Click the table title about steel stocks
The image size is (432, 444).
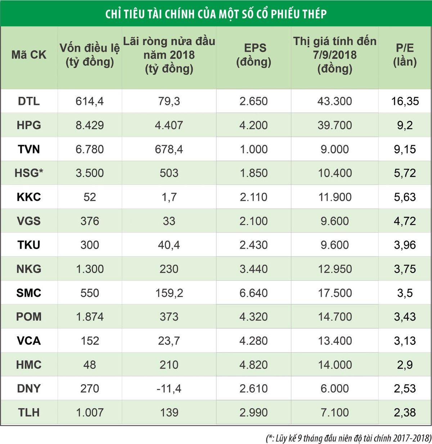pyautogui.click(x=216, y=14)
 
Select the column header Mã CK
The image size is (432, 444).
pyautogui.click(x=29, y=55)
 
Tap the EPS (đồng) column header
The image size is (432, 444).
pyautogui.click(x=253, y=55)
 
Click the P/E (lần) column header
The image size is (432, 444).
pyautogui.click(x=405, y=55)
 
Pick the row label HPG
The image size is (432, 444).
pyautogui.click(x=29, y=125)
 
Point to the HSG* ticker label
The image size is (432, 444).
pyautogui.click(x=29, y=173)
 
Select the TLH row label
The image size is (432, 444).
pyautogui.click(x=29, y=412)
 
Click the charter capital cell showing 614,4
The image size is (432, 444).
pyautogui.click(x=90, y=101)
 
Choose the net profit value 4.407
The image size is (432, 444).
pyautogui.click(x=169, y=125)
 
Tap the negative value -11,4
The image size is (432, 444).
pyautogui.click(x=169, y=389)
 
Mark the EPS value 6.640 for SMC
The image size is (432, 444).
pyautogui.click(x=253, y=293)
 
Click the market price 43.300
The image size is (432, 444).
pyautogui.click(x=334, y=101)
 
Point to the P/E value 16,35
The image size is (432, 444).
pyautogui.click(x=405, y=101)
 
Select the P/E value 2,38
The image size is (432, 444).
pyautogui.click(x=405, y=412)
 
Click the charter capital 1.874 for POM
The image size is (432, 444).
pyautogui.click(x=90, y=317)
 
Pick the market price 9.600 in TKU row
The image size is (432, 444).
pyautogui.click(x=334, y=245)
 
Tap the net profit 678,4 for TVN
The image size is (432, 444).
pyautogui.click(x=169, y=149)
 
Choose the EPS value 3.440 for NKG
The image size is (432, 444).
pyautogui.click(x=253, y=269)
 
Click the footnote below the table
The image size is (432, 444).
pyautogui.click(x=348, y=438)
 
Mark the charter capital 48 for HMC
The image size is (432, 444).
pyautogui.click(x=90, y=364)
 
